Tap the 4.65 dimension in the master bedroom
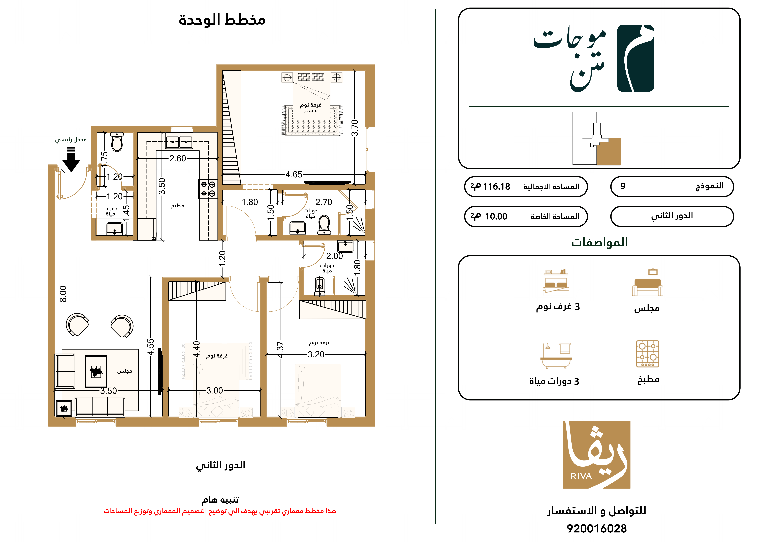point(294,175)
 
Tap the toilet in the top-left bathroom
point(117,142)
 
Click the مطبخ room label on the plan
point(178,206)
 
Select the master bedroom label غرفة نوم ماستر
point(310,108)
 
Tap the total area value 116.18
point(496,187)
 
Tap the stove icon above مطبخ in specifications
point(648,354)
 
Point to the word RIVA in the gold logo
point(581,476)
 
